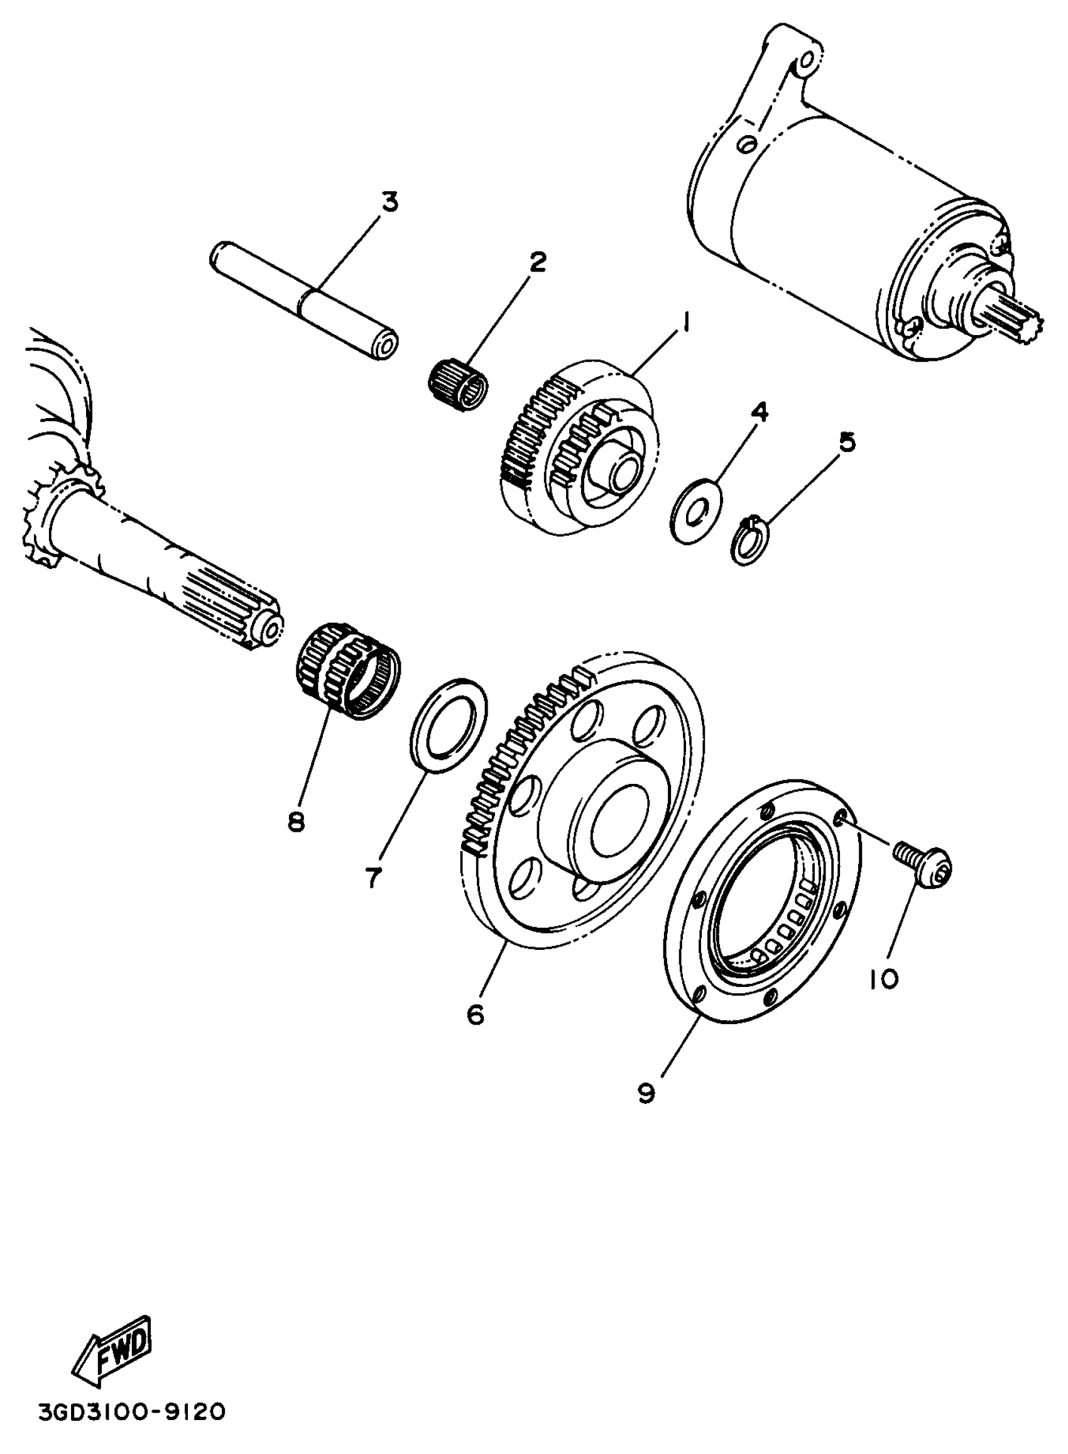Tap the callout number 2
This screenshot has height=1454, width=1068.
(537, 262)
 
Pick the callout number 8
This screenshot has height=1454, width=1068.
(295, 822)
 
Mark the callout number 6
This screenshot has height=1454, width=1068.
(475, 1015)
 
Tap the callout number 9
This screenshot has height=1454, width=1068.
(646, 1093)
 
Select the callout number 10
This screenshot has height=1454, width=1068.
(883, 979)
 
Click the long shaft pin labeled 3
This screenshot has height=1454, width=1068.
(304, 300)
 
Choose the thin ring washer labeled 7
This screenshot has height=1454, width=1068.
(449, 725)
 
